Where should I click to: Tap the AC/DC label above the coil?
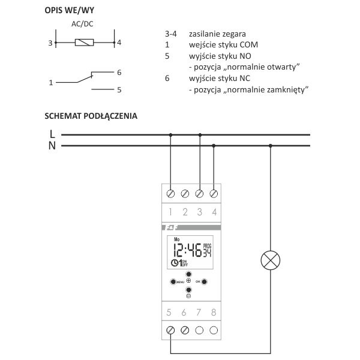(82, 25)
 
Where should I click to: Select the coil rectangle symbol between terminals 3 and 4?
(83, 43)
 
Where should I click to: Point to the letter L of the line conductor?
(52, 134)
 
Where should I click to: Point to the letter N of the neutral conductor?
(52, 146)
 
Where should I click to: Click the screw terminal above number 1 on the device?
(171, 194)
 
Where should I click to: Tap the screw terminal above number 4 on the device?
(214, 194)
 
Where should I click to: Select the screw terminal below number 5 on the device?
(171, 330)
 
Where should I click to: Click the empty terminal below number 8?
(214, 330)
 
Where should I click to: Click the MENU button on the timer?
(173, 281)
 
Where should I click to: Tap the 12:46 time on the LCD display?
(187, 250)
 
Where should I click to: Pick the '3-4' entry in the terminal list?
(170, 34)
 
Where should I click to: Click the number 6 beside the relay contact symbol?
(119, 72)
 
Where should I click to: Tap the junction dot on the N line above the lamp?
(271, 146)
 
